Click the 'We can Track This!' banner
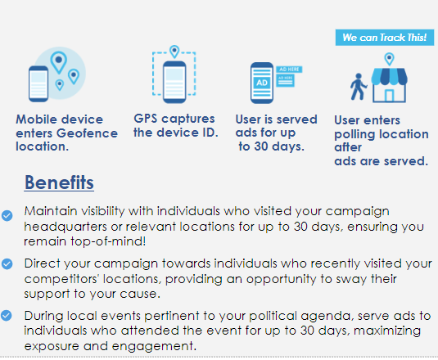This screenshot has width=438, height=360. coord(385,38)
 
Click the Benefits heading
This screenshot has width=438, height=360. coord(59,182)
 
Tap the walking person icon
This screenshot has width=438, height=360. coord(358,87)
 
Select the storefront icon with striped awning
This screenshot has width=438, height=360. coord(389,85)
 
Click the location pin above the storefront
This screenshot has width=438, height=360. coord(389,59)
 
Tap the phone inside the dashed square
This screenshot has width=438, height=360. coord(174,82)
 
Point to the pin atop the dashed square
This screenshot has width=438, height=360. coord(174,52)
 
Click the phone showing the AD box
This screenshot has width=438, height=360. coord(262,83)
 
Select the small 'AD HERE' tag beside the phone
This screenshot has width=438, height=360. coord(289,70)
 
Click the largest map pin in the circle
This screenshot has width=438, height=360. coord(59,62)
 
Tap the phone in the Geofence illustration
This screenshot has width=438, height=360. coord(38,83)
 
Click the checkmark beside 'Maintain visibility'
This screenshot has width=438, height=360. coord(7,215)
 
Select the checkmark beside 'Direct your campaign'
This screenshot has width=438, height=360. coord(7,263)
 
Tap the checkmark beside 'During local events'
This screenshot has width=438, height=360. coord(7,316)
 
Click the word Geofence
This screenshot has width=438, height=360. coord(87,133)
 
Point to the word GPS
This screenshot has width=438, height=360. coord(146,119)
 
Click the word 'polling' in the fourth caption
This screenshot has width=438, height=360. coord(354,134)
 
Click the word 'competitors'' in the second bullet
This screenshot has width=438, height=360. coord(61,279)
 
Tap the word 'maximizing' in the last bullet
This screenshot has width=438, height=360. coord(387,331)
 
